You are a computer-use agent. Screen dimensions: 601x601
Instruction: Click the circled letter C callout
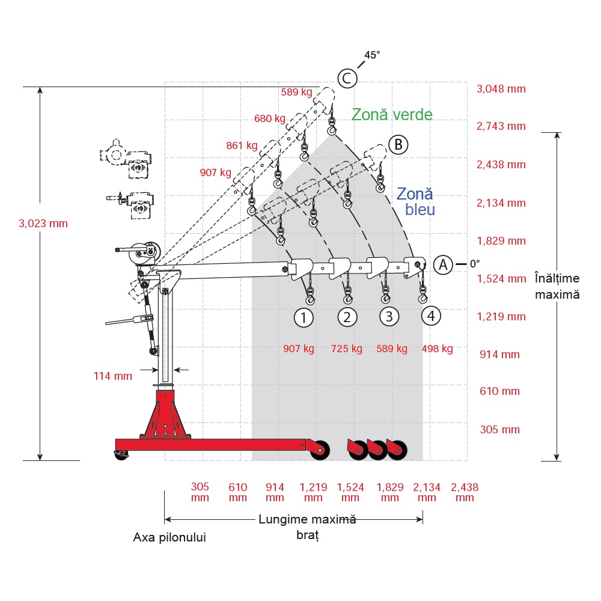tap(347, 78)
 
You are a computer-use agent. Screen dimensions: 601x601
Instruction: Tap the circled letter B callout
tap(398, 144)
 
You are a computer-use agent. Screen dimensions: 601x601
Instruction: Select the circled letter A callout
tap(443, 264)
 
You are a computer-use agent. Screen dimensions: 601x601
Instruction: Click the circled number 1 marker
tap(304, 317)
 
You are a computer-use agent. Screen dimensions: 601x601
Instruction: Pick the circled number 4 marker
tap(430, 315)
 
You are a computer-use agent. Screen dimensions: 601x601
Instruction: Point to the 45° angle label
tap(372, 55)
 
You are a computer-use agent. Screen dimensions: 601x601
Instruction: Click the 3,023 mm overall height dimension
tap(43, 224)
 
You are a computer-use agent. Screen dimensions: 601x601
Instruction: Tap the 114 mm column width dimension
tap(112, 376)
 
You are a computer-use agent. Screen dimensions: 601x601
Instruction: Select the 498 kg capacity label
tap(437, 349)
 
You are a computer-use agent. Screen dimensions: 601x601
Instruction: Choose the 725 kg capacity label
tap(347, 349)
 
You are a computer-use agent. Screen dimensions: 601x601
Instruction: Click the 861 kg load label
tap(242, 145)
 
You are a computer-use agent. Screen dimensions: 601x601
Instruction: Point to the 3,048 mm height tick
tap(501, 89)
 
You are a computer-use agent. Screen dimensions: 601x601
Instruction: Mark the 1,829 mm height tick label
tap(501, 241)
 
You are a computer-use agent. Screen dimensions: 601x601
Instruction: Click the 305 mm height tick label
tap(499, 430)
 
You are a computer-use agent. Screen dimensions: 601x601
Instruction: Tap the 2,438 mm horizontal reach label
tap(465, 492)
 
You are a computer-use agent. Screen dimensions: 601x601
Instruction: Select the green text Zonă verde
tap(392, 114)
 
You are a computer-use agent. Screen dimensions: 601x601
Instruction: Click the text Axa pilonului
tap(169, 537)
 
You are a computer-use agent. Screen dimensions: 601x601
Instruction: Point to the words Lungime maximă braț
tap(307, 526)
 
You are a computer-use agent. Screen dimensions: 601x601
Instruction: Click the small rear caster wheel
tap(121, 456)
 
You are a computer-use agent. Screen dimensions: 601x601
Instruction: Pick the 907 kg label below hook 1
tap(299, 349)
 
